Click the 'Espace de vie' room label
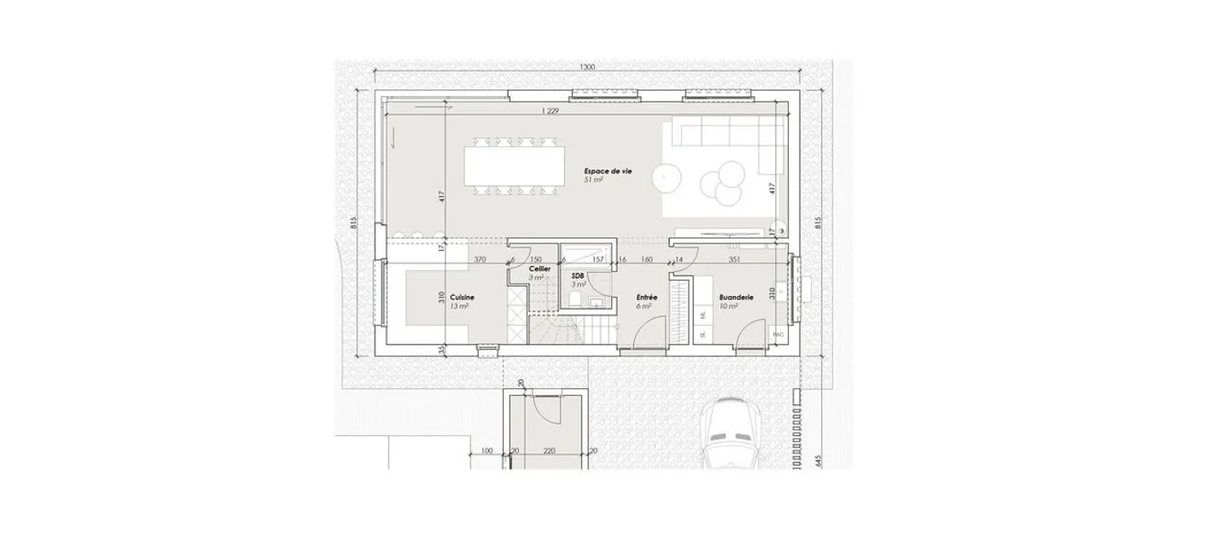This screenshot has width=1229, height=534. click(608, 171)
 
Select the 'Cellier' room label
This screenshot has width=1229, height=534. click(539, 269)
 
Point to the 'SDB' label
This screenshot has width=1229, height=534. click(578, 276)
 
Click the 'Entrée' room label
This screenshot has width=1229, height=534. click(645, 298)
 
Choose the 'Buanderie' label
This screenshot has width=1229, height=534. click(736, 297)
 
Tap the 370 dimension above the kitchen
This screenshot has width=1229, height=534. click(479, 259)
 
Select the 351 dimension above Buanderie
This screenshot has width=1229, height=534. click(734, 259)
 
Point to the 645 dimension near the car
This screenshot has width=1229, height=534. click(817, 461)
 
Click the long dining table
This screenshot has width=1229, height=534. click(514, 166)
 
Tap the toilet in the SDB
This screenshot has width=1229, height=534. click(576, 299)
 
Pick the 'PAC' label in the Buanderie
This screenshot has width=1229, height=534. click(778, 335)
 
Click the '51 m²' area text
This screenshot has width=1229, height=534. click(593, 181)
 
